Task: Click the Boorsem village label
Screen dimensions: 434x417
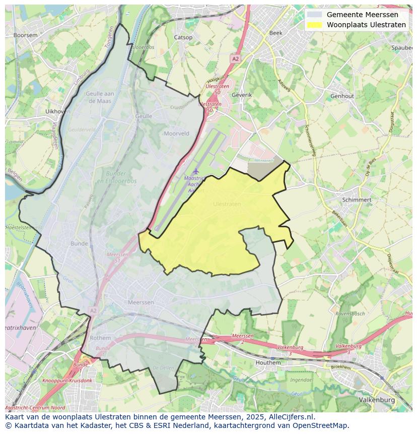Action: point(25,35)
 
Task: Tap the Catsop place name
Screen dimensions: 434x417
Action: point(183,37)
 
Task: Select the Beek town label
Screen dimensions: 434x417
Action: point(276,33)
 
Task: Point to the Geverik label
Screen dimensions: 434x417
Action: point(241,94)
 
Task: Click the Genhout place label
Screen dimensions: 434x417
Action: point(342,96)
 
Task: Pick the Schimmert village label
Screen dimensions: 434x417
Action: point(357,200)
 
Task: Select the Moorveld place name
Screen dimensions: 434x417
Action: point(176,134)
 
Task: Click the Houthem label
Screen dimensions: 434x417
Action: point(268,362)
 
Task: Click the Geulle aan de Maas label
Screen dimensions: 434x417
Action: point(101,97)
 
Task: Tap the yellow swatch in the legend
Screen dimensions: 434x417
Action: point(315,25)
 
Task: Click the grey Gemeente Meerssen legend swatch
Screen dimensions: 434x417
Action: point(315,15)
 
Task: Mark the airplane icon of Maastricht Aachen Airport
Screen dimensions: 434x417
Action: point(195,171)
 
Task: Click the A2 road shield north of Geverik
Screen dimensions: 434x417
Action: point(235,59)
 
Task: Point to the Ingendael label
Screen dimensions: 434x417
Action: point(301,380)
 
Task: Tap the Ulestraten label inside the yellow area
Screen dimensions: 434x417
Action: point(227,204)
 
